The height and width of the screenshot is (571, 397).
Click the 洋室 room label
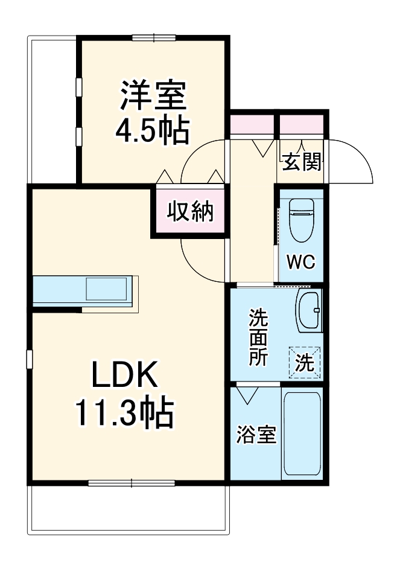(x=153, y=97)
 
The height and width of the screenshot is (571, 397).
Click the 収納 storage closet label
(x=190, y=211)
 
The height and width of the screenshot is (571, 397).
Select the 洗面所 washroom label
(x=259, y=336)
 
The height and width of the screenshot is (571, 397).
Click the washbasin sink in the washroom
(x=310, y=310)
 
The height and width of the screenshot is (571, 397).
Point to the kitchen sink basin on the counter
(x=106, y=290)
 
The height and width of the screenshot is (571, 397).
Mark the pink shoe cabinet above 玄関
(x=302, y=126)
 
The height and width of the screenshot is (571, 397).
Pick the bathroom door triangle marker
(x=246, y=395)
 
